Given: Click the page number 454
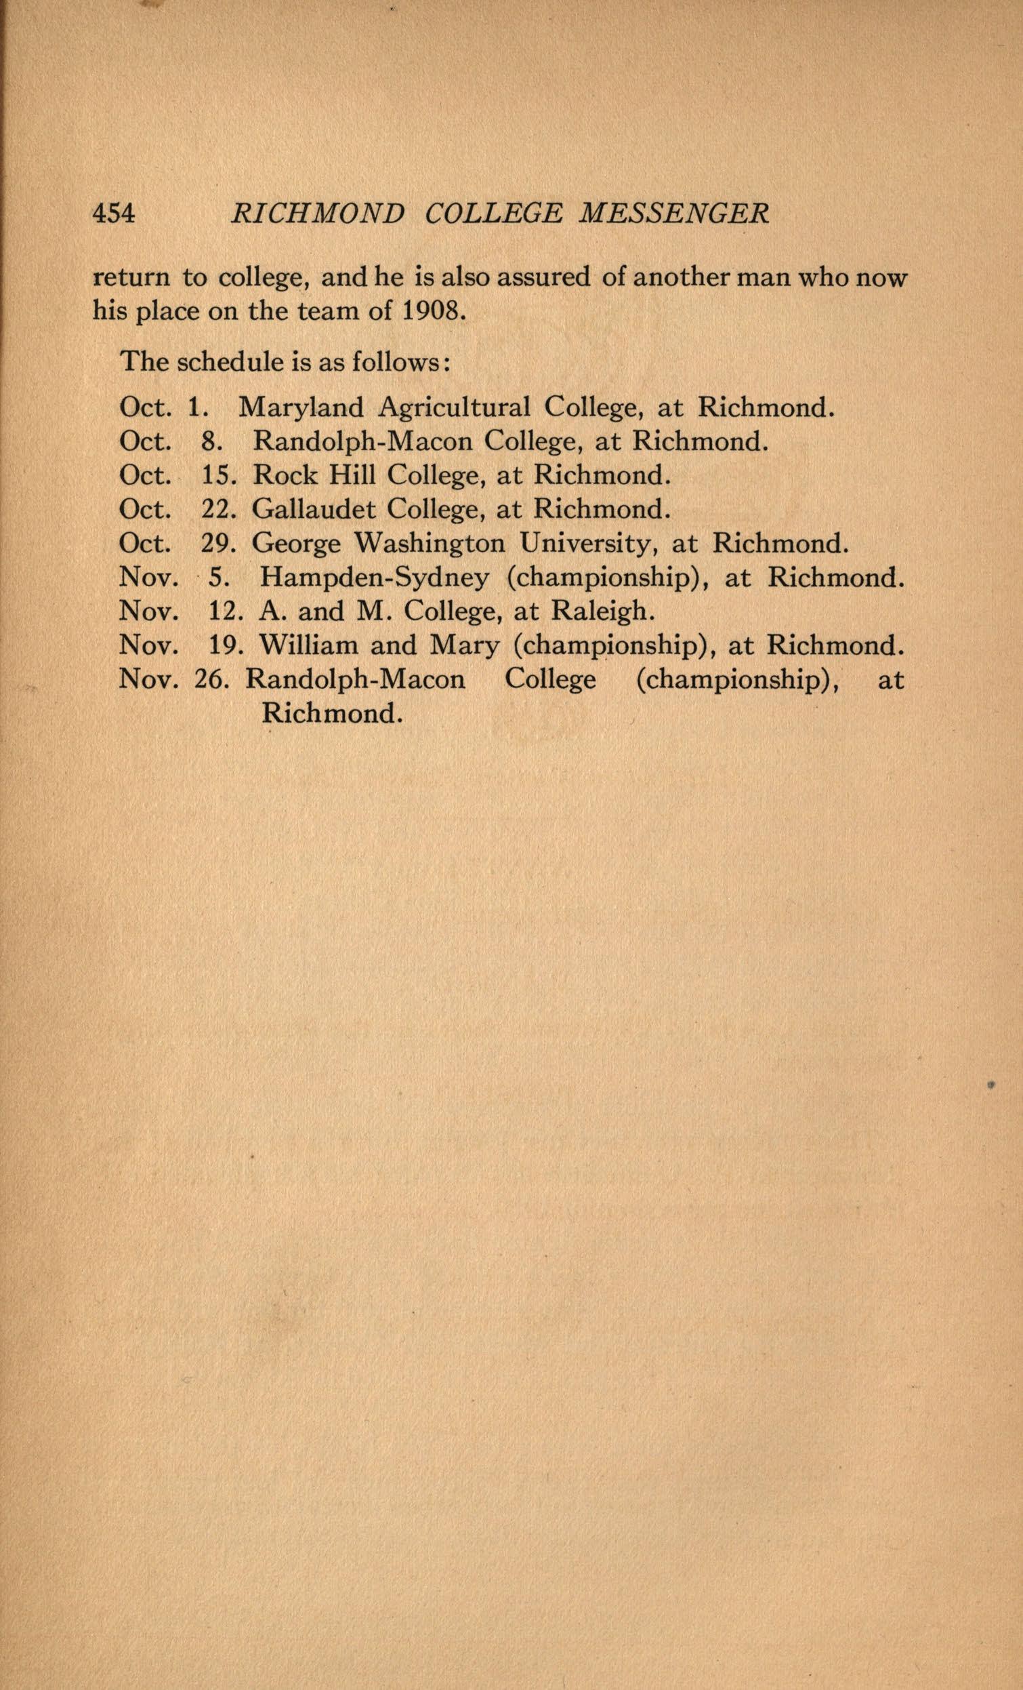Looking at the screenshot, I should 114,215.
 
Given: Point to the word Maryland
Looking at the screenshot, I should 301,408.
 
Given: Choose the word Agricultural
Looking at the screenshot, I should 454,408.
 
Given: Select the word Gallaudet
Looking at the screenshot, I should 313,509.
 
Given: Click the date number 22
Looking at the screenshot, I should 217,509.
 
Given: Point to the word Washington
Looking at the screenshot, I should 430,543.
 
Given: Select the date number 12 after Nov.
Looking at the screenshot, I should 221,610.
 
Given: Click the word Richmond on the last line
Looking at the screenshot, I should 330,713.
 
